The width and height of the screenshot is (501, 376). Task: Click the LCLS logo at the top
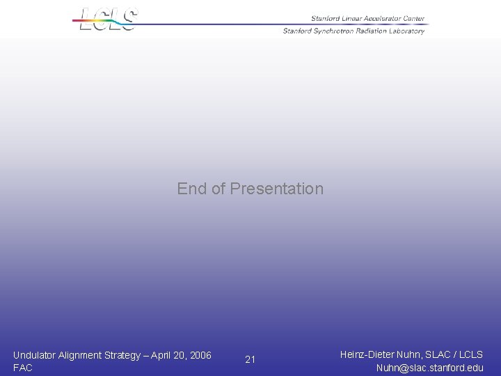(108, 19)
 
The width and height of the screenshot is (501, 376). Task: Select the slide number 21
(250, 359)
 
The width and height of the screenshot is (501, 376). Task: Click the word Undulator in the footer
(35, 355)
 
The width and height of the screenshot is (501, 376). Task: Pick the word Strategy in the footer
(124, 355)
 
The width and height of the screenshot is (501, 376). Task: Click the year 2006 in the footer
(200, 355)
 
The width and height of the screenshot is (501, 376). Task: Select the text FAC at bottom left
(22, 368)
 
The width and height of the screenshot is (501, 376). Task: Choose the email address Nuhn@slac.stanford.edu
(429, 368)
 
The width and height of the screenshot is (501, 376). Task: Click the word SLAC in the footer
(436, 354)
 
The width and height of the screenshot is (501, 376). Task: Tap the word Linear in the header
(349, 19)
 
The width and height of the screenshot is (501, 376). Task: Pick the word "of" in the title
(218, 189)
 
